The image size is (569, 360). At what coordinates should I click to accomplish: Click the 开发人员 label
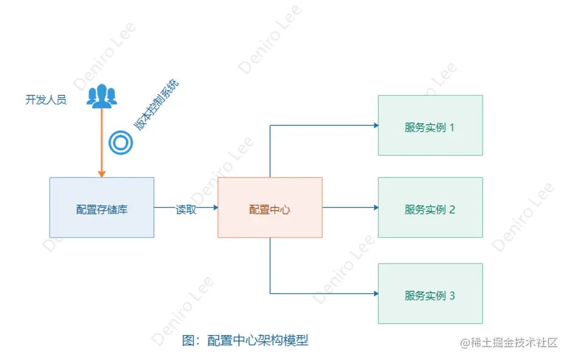(46, 100)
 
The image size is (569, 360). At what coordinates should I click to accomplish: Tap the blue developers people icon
(102, 97)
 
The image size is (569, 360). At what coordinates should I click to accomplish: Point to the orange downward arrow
(102, 140)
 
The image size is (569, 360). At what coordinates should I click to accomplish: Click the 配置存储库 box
(102, 207)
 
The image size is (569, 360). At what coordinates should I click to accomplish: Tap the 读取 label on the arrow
(186, 210)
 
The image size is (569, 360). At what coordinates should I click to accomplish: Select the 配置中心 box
(270, 207)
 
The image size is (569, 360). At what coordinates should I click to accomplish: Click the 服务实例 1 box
(430, 125)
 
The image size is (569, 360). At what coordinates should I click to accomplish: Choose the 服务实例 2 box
(430, 207)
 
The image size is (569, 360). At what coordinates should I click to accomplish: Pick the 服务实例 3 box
(430, 293)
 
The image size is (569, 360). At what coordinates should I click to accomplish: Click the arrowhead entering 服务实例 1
(375, 125)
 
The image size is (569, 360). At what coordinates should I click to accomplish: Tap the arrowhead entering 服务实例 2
(375, 207)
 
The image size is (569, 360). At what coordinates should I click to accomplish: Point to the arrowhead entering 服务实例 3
(375, 293)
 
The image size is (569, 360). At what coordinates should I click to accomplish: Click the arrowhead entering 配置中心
(214, 207)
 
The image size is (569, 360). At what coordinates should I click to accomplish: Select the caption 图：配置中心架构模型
(245, 340)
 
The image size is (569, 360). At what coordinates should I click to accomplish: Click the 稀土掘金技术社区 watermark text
(514, 342)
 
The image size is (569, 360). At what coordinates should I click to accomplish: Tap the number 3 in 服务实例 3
(452, 296)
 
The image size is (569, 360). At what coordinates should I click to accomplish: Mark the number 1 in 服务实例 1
(452, 128)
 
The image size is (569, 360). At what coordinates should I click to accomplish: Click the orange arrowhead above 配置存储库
(102, 174)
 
